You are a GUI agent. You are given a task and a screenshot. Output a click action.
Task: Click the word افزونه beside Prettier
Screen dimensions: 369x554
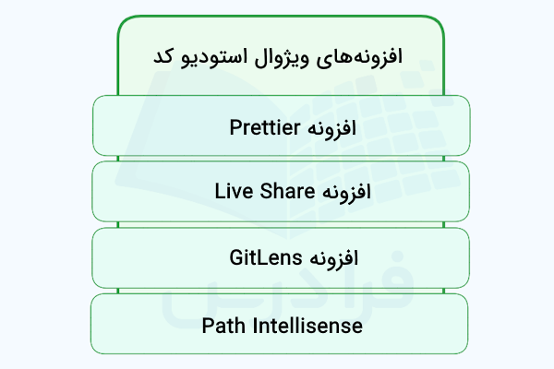[334, 126]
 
